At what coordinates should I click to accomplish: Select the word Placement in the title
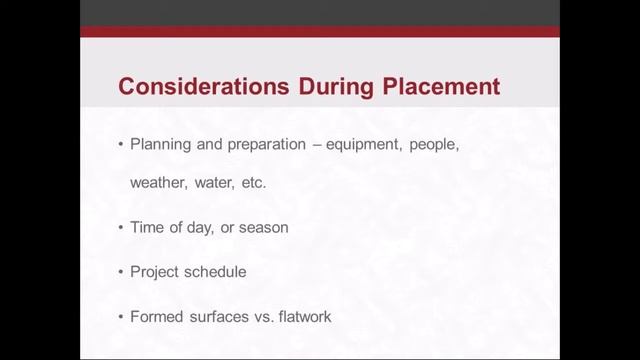tap(441, 86)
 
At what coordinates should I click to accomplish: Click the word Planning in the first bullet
tap(160, 145)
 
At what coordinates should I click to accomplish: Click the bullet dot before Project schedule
tap(120, 272)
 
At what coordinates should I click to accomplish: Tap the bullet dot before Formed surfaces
tap(120, 316)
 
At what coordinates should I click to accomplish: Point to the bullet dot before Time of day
tap(120, 228)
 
